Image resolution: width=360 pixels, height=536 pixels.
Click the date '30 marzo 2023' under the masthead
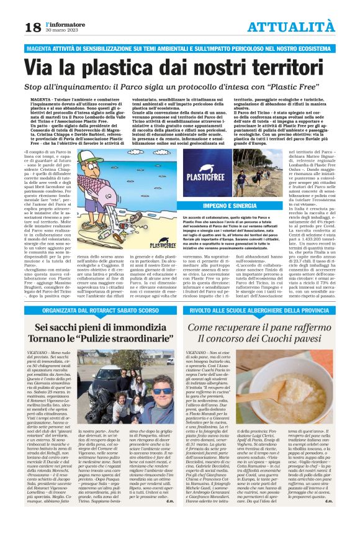(x=60, y=30)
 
